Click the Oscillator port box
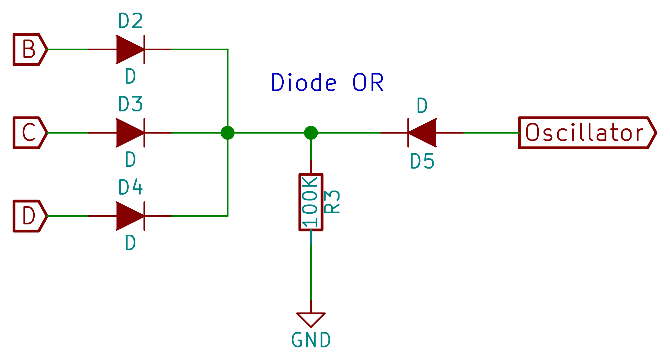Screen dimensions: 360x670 point(586,132)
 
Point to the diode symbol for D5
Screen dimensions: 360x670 point(422,132)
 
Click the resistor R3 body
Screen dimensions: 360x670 point(311,202)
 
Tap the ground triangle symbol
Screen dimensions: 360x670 point(311,318)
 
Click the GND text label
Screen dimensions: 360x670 point(311,340)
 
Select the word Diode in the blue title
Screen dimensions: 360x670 point(304,82)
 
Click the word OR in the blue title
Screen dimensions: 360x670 point(368,82)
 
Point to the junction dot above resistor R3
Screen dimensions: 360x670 point(311,132)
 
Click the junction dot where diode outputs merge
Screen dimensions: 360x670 point(227,132)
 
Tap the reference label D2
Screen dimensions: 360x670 point(130,21)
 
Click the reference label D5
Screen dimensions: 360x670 point(422,161)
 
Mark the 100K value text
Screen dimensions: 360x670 point(310,202)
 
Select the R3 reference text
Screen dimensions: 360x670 point(332,202)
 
